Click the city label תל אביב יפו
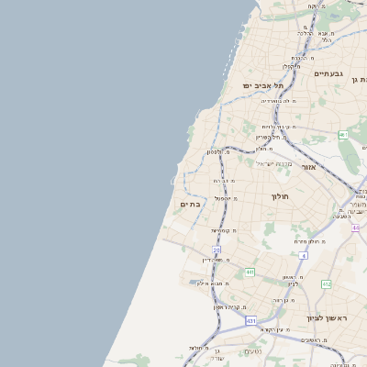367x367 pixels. [261, 85]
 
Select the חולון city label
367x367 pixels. [280, 196]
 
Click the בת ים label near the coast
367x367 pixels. [191, 205]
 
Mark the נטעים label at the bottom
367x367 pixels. [253, 351]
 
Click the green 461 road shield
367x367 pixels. [343, 135]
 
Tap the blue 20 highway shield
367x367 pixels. [217, 250]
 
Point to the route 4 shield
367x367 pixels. [303, 255]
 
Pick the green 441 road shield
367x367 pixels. [250, 272]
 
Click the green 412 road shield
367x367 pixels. [326, 284]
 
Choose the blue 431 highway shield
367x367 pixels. [250, 320]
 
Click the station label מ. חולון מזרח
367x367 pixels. [306, 241]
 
